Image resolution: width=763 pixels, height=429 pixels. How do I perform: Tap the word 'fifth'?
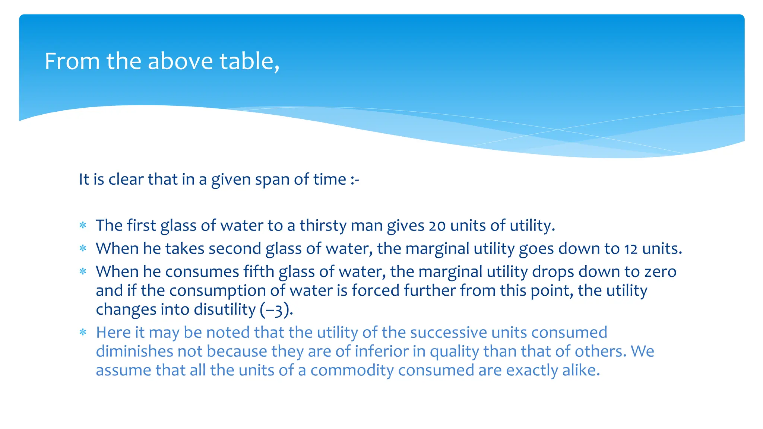(259, 271)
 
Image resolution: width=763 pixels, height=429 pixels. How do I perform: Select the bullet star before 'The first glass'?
(83, 226)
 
